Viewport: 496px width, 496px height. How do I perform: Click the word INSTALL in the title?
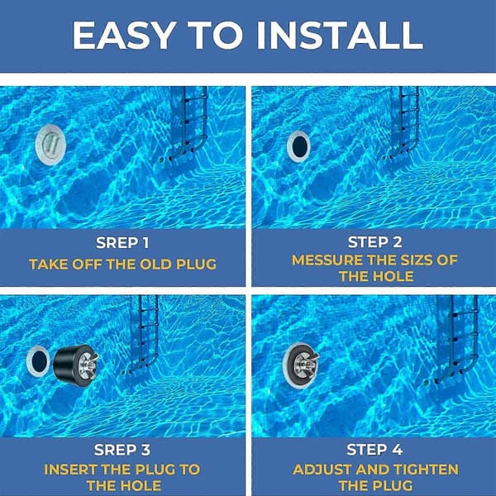point(340,35)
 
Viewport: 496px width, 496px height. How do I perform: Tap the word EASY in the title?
point(124,35)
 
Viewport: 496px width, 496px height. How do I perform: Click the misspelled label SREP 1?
point(122,243)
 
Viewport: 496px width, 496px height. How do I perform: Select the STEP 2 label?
point(374,242)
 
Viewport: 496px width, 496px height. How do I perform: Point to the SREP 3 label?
point(122,450)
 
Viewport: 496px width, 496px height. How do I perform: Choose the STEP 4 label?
point(374,450)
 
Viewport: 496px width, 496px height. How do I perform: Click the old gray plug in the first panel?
point(50,145)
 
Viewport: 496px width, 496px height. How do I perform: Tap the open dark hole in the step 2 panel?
point(299,146)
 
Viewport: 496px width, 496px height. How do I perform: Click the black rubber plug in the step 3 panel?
point(76,365)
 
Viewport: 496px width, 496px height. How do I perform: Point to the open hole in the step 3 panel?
point(38,361)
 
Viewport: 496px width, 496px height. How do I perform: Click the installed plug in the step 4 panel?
point(301,365)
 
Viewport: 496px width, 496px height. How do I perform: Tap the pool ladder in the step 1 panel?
point(187,122)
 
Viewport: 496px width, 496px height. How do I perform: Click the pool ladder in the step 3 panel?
point(142,335)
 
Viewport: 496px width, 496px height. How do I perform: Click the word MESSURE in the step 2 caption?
point(327,260)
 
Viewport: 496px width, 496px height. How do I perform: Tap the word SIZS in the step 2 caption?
point(417,260)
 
